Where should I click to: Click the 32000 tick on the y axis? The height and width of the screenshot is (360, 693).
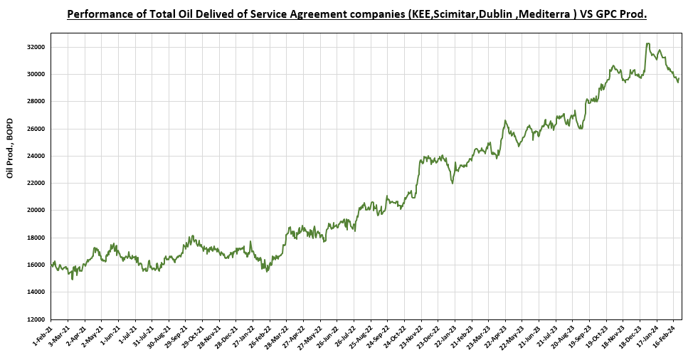click(x=36, y=47)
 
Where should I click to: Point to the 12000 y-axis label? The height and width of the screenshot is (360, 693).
click(x=36, y=319)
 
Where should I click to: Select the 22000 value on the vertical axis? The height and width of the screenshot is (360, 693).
click(x=36, y=183)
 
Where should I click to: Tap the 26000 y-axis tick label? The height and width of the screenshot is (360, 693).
click(x=36, y=129)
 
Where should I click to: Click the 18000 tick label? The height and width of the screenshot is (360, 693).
click(x=36, y=238)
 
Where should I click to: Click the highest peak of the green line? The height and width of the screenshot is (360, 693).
click(x=647, y=43)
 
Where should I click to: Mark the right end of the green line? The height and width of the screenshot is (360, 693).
click(x=678, y=79)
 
